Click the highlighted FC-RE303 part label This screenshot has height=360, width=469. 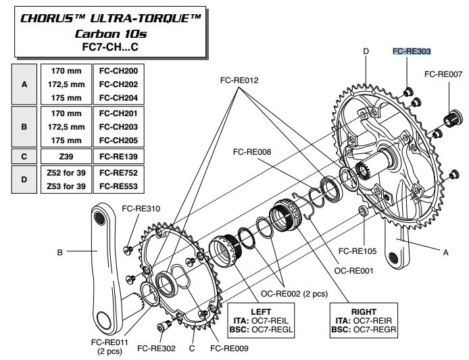coord(412,51)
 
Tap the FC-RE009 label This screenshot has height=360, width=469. coord(229,349)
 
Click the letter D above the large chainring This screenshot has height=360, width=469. coord(366,51)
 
